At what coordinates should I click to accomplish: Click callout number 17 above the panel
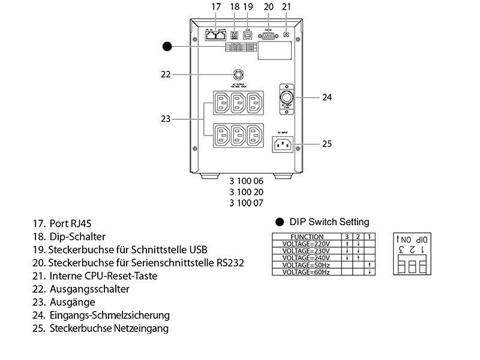pos(216,7)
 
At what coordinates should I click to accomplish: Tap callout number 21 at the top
pos(286,7)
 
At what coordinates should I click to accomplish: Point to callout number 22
pos(166,74)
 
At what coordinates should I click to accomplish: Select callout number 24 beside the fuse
pos(327,97)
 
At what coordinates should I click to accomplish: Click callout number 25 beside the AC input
pos(327,144)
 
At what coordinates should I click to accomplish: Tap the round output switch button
pos(239,74)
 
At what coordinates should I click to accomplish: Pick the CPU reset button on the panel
pos(286,34)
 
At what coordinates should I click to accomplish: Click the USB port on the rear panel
pos(248,35)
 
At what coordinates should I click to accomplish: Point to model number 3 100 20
pos(246,191)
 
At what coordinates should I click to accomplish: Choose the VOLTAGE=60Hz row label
pos(307,272)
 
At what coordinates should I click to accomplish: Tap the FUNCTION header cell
pos(307,237)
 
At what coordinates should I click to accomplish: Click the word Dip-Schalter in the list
pos(79,237)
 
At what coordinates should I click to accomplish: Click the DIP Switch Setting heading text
pos(329,222)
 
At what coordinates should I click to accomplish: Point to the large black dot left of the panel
pos(168,46)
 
